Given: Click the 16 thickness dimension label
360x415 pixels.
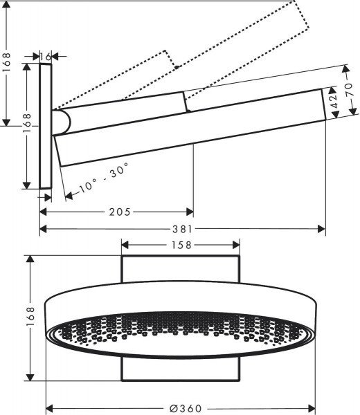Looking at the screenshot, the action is (46, 57).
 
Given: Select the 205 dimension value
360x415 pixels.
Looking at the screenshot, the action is (120, 212).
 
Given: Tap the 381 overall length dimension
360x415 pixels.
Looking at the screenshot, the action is (182, 229).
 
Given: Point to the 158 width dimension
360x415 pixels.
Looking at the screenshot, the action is (181, 245).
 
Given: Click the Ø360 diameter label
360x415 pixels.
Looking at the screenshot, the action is (186, 408).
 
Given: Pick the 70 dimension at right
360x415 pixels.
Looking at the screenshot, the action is (349, 90).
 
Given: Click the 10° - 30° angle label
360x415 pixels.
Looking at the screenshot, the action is (104, 178).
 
